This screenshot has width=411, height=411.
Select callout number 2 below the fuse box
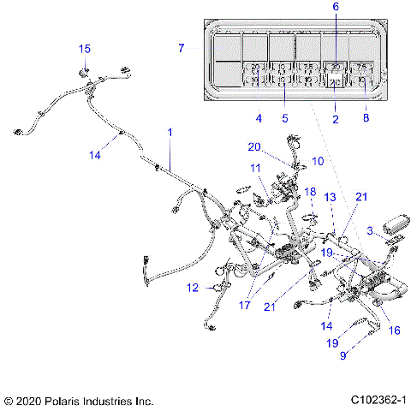pos(336,119)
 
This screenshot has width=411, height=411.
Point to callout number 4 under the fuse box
pos(259,117)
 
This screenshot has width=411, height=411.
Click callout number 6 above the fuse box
pos(335,7)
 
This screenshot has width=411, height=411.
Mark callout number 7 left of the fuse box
pos(181,49)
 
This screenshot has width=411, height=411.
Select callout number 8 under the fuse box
pos(366,119)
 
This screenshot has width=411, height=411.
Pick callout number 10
pos(318,160)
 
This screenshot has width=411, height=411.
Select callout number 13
pos(330,197)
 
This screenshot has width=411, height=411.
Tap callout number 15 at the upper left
pos(85,48)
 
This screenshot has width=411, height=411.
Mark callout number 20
pos(254,146)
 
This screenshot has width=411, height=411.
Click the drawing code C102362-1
pos(378,400)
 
